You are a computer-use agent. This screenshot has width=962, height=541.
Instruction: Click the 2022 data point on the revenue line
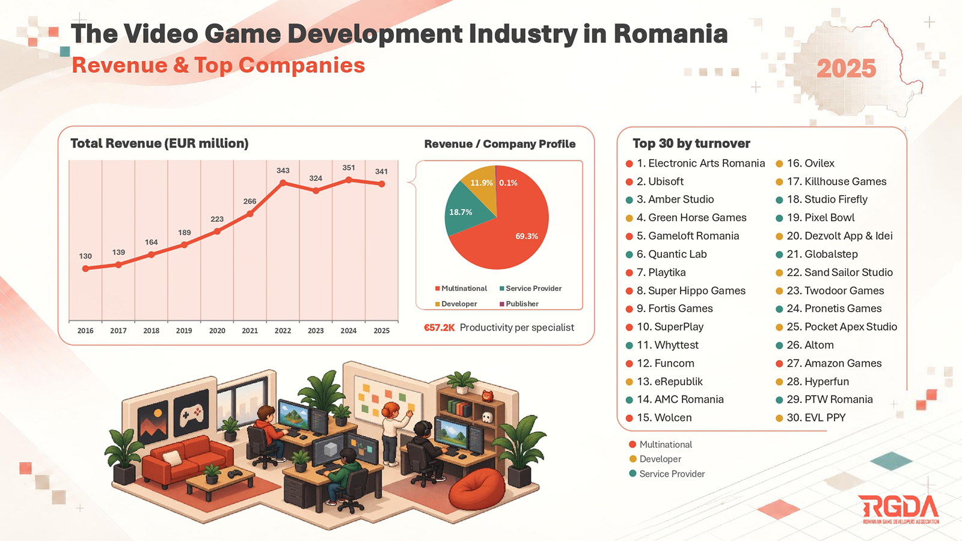click(283, 183)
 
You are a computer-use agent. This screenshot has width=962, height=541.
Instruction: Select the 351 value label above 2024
click(348, 168)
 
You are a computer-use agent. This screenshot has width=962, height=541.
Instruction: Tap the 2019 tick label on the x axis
click(184, 331)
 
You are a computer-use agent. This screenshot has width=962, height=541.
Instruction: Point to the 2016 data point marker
click(85, 268)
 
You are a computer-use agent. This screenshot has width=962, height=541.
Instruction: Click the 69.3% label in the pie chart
click(527, 236)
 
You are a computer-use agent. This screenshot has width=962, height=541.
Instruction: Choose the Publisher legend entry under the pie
click(519, 304)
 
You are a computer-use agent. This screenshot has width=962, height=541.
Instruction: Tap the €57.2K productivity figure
click(439, 328)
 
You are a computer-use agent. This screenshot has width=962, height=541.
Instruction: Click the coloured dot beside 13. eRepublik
click(629, 382)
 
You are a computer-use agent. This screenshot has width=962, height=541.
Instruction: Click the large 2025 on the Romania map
click(846, 69)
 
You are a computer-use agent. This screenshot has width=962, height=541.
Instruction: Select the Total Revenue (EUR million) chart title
click(159, 144)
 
